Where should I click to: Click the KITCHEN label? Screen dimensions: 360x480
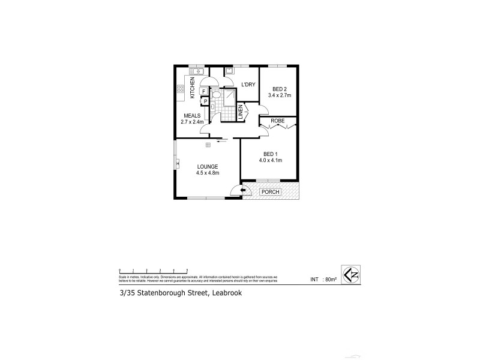point(193,88)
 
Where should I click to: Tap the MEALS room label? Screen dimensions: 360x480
point(192,116)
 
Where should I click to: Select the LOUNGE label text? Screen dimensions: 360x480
point(206,166)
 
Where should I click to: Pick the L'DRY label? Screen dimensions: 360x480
point(248,85)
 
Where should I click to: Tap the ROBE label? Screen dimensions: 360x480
point(277,121)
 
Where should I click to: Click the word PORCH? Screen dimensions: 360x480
point(269,191)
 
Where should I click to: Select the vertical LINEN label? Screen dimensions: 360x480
point(241,113)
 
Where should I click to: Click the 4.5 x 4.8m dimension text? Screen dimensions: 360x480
point(208,173)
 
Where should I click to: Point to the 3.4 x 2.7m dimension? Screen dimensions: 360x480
point(278,95)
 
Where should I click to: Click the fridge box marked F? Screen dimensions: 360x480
point(205,92)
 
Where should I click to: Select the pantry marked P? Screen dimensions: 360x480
point(205,101)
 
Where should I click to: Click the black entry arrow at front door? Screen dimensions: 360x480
point(242,191)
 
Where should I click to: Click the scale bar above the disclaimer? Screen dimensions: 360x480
point(152,268)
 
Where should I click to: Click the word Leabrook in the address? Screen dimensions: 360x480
point(226,293)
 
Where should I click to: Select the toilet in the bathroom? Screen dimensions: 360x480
point(216,94)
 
